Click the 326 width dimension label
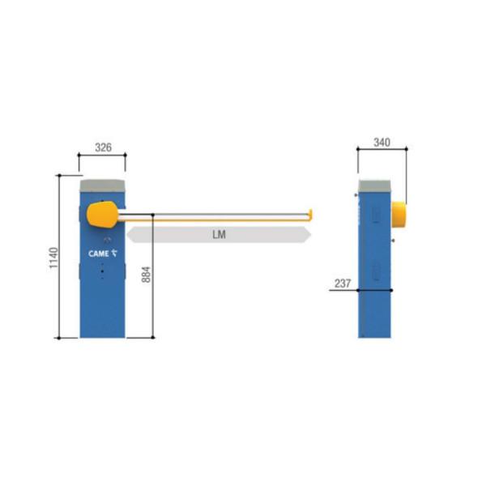coord(103,147)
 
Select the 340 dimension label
coord(382,143)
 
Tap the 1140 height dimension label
coord(53,258)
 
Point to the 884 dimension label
coord(146,275)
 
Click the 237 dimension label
coord(343,283)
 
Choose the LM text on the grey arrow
coord(220,235)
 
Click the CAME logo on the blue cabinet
coord(103,254)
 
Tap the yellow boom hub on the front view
coord(102,215)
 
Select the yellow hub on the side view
coord(399,215)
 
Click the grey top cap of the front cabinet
coord(103,186)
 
